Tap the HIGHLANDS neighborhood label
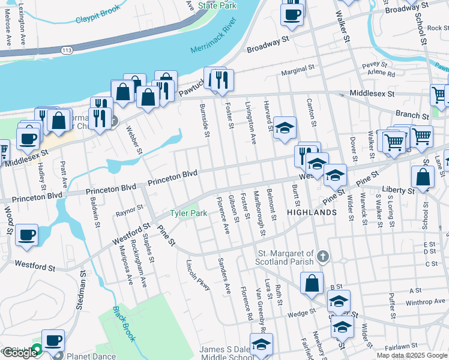(x=311, y=213)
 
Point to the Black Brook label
(x=125, y=325)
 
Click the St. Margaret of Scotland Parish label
(x=286, y=257)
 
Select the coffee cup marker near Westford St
(x=26, y=236)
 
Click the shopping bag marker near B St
(x=312, y=284)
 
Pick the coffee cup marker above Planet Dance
(x=53, y=340)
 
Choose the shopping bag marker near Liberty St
(x=423, y=178)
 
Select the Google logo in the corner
(x=19, y=353)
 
